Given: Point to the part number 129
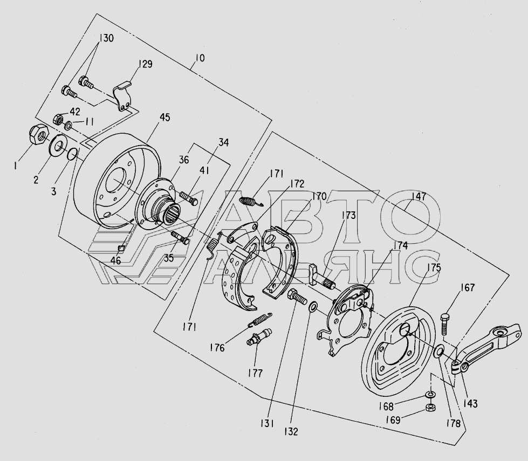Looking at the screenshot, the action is coord(145,64).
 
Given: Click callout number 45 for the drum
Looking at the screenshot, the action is coord(164,118).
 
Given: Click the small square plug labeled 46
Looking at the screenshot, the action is coord(121,249).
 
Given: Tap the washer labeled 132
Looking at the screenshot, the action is coord(313,307).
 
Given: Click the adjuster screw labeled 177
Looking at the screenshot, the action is coord(259,337).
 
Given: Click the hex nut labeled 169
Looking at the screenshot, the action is coord(430,408).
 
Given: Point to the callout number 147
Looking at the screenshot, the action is coord(419,196).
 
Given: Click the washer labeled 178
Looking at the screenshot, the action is coord(438,352).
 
